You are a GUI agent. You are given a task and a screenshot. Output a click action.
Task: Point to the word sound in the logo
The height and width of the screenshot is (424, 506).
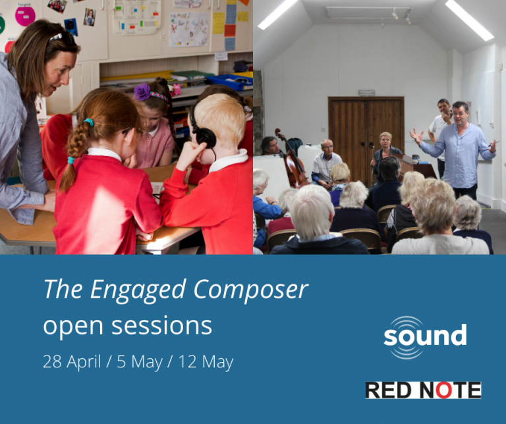pos(425,336)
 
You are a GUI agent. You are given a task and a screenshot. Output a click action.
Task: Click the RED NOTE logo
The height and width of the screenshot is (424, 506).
pos(423,390)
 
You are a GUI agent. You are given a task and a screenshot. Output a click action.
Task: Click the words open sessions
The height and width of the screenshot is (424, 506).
pos(127,325)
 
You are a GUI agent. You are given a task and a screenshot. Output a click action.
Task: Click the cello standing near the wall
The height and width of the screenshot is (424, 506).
pos(291,158)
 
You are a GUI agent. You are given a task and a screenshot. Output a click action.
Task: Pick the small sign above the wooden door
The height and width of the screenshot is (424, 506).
pos(367,92)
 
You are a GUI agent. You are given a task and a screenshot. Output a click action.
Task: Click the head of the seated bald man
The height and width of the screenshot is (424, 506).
pos(327,147)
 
